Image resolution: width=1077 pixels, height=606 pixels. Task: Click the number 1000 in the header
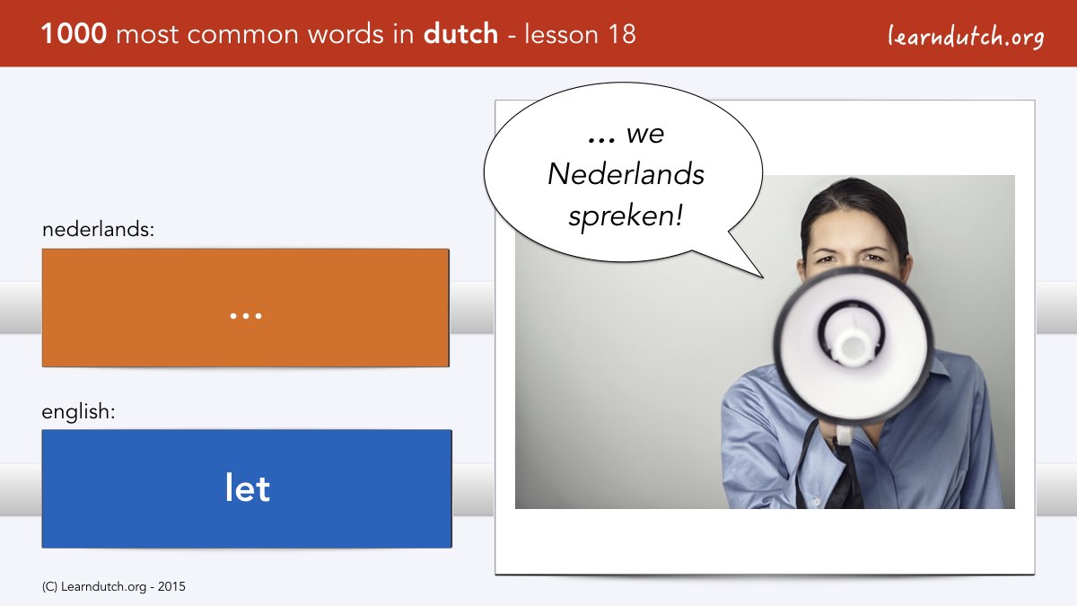point(74,34)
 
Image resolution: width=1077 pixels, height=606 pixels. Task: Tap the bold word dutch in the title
point(460,34)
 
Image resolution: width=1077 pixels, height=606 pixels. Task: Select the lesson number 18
point(622,34)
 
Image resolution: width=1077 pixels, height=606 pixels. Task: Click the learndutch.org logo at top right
point(966,37)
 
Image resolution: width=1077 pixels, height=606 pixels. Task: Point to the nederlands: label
point(98,229)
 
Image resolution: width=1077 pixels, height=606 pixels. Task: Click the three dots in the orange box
point(246,316)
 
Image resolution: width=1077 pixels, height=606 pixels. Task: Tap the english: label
point(78,412)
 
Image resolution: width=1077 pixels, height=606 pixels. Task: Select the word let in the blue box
point(247,487)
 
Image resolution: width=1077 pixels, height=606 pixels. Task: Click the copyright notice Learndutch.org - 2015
point(113,587)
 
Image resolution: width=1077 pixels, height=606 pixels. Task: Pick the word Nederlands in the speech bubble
point(626,173)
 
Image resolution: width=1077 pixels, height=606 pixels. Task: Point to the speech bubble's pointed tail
point(763,277)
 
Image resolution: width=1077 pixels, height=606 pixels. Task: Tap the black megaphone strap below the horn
point(844,476)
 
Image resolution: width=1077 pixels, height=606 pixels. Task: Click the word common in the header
point(243,35)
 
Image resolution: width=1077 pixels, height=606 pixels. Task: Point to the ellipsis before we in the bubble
point(601,140)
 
